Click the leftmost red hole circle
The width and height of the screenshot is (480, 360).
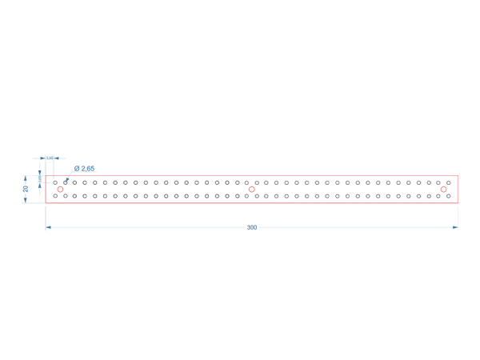click(59, 190)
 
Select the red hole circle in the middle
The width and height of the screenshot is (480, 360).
click(252, 190)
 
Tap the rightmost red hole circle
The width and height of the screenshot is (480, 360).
click(444, 190)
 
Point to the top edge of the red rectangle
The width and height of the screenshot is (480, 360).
click(252, 176)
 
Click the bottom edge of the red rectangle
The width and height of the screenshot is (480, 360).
click(252, 202)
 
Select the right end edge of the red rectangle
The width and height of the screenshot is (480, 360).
click(457, 190)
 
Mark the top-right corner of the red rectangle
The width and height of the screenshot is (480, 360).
click(457, 176)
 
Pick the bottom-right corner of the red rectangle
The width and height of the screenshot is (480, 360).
click(457, 202)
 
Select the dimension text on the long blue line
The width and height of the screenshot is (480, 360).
click(253, 227)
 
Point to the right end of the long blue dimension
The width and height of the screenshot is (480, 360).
click(457, 227)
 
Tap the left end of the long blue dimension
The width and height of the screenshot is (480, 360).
click(49, 227)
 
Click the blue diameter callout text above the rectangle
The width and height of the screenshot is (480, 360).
click(84, 168)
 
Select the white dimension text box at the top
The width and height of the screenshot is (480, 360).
click(50, 158)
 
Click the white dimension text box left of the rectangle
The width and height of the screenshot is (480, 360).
click(38, 181)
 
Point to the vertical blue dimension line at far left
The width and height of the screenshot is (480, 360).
click(22, 189)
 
